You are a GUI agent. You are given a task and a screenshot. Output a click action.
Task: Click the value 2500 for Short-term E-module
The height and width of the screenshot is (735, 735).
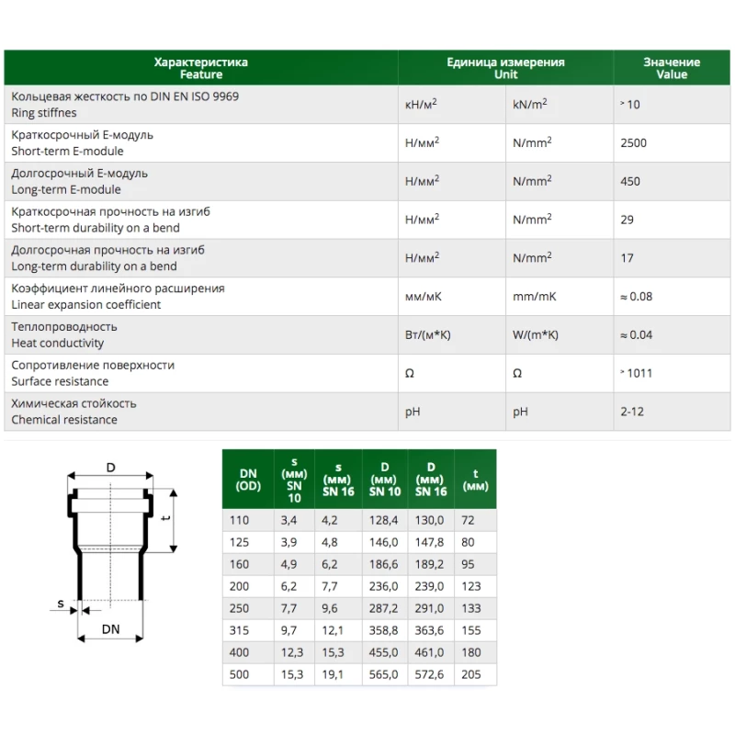pos(633,143)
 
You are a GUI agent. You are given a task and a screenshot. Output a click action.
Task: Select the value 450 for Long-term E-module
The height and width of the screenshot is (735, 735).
pos(630,182)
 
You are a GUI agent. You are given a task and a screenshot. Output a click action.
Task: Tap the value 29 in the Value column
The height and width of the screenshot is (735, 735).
pos(627,220)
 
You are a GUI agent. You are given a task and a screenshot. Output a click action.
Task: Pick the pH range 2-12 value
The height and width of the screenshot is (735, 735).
pos(632,412)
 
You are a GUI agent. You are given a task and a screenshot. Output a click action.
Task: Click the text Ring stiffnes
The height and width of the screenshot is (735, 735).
pos(44,113)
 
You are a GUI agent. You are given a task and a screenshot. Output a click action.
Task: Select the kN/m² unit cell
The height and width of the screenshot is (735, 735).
pos(529,105)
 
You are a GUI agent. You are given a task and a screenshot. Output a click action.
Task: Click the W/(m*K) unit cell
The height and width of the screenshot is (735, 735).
pos(536,335)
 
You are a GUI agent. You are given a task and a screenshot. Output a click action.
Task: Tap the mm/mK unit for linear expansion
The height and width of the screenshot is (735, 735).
pos(534,297)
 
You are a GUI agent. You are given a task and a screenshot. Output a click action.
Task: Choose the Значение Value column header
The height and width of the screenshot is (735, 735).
pos(672,68)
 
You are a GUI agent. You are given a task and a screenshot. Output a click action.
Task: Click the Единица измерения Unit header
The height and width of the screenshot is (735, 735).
pos(505,68)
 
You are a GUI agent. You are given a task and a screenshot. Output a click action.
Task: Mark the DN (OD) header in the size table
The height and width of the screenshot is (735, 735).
pos(248,480)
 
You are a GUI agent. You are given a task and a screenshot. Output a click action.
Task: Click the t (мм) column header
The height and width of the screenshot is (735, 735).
pos(475,480)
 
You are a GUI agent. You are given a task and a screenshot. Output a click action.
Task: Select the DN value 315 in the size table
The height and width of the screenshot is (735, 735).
pos(239,630)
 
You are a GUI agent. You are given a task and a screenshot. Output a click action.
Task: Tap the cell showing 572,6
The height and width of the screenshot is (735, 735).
pos(430,674)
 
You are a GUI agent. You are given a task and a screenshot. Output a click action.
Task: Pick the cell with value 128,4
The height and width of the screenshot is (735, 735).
pos(384,520)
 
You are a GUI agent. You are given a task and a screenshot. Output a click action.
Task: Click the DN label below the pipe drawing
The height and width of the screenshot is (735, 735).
pos(110,628)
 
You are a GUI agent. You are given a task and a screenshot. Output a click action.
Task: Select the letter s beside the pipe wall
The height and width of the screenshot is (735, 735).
pos(60,604)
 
